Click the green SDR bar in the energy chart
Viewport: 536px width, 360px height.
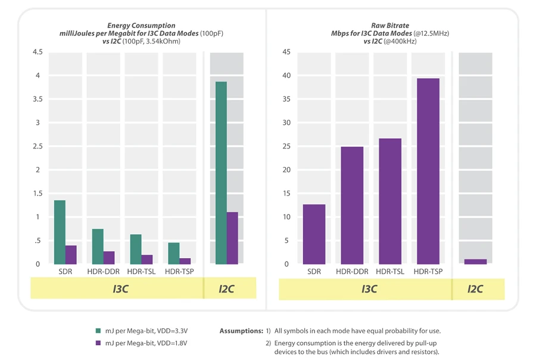pyautogui.click(x=60, y=232)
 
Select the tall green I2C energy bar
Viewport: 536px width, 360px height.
pyautogui.click(x=221, y=173)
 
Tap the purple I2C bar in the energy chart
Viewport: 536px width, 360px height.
pyautogui.click(x=232, y=238)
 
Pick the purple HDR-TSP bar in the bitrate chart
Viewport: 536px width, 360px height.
pyautogui.click(x=428, y=171)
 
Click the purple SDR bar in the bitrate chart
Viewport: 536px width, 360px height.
pyautogui.click(x=314, y=234)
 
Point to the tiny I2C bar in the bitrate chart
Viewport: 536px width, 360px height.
pyautogui.click(x=475, y=262)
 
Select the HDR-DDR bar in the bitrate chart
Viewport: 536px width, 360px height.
pyautogui.click(x=352, y=205)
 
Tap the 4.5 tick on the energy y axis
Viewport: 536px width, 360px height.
pyautogui.click(x=37, y=52)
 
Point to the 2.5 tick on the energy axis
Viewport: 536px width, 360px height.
pyautogui.click(x=37, y=147)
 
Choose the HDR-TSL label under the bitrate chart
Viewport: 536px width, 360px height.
pyautogui.click(x=390, y=272)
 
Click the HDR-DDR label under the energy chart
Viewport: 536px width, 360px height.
pyautogui.click(x=103, y=272)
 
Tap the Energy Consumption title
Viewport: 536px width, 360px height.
pyautogui.click(x=141, y=26)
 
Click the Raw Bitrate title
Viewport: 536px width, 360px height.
pyautogui.click(x=389, y=26)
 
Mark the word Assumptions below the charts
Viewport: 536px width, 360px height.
pyautogui.click(x=241, y=331)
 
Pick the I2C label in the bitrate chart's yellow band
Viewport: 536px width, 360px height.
pyautogui.click(x=475, y=289)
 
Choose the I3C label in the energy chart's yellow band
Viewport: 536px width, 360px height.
pyautogui.click(x=121, y=289)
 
